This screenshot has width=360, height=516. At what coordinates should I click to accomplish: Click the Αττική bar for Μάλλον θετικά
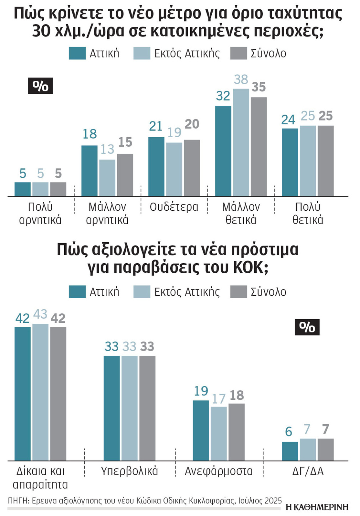(x=223, y=151)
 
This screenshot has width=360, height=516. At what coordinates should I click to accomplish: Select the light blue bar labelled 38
(x=241, y=142)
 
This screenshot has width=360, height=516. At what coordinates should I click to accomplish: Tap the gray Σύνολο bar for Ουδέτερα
(x=192, y=168)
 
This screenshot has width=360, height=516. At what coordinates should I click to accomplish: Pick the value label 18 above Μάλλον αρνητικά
(x=89, y=134)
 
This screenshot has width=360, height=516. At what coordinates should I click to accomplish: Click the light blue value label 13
(x=107, y=149)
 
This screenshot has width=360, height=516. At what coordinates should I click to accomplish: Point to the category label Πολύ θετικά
(x=308, y=213)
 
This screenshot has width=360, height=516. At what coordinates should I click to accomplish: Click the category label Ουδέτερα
(x=174, y=207)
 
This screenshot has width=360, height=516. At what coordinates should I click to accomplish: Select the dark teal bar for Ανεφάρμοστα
(x=201, y=430)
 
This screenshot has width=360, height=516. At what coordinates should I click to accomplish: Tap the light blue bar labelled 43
(x=40, y=392)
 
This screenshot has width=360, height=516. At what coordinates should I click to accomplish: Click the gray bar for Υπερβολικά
(x=147, y=408)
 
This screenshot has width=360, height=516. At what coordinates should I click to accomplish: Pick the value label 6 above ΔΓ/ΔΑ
(x=289, y=432)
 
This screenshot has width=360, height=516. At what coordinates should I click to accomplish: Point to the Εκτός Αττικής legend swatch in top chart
(x=142, y=53)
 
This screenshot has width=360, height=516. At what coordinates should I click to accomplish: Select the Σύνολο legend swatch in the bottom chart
(x=239, y=292)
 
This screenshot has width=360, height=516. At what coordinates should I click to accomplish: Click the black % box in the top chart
(x=40, y=86)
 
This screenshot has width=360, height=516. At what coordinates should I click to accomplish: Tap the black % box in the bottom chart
(x=307, y=327)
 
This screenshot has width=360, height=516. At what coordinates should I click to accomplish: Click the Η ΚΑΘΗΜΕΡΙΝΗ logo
(x=317, y=507)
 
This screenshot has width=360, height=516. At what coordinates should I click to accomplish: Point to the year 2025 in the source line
(x=273, y=501)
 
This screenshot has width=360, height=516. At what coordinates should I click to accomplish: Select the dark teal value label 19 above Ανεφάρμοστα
(x=201, y=391)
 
